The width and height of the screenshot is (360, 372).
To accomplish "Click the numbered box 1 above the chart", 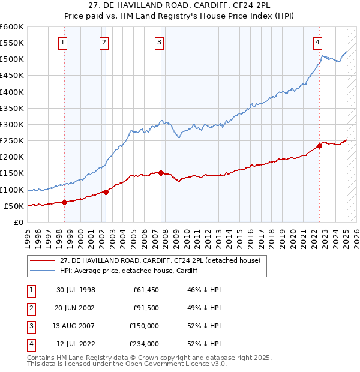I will click(63, 42).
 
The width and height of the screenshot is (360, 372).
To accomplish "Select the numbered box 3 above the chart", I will click(159, 42).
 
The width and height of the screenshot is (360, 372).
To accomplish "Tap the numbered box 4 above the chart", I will click(317, 42).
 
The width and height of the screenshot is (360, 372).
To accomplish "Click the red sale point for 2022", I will click(319, 146).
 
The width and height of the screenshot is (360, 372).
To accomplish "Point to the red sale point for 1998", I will click(64, 202).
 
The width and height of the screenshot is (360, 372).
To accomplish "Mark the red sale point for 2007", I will click(161, 173).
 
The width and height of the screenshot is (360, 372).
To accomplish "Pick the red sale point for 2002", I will click(106, 192).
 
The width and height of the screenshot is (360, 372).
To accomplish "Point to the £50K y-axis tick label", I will click(14, 206).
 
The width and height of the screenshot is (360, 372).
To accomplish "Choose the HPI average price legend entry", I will click(128, 271).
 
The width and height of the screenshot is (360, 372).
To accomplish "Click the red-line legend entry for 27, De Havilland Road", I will click(160, 261).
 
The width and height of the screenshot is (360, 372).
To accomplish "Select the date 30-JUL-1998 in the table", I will click(76, 290).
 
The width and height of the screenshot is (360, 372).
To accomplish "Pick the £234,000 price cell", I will click(144, 344).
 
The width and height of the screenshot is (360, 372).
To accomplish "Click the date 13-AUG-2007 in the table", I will click(76, 326).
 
